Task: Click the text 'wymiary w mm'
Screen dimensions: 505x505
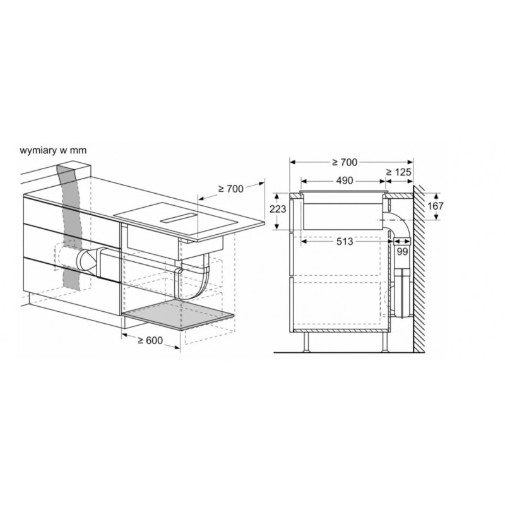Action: (53, 150)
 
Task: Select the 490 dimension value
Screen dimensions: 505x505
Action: (345, 181)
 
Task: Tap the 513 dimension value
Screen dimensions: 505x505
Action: (345, 242)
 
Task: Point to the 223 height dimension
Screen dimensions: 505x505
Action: (278, 210)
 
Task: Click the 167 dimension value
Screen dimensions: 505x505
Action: (436, 206)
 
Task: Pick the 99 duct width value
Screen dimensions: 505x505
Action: (402, 251)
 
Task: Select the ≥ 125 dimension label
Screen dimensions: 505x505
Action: (399, 172)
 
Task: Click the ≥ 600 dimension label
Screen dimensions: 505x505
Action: (150, 340)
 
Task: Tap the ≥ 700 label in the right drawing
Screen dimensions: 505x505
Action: (345, 162)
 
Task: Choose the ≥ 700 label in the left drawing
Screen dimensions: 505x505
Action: (230, 189)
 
